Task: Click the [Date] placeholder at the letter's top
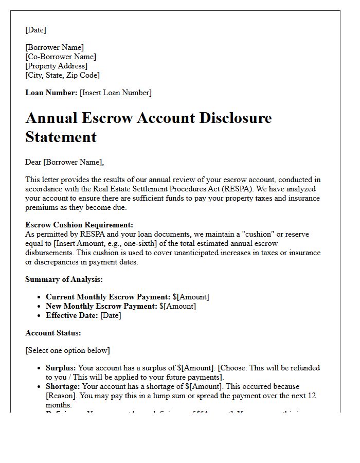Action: [x=35, y=30]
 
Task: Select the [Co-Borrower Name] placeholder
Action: [x=61, y=57]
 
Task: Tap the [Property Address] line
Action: [x=57, y=66]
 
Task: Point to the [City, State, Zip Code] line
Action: [x=62, y=75]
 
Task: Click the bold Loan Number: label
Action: [x=51, y=93]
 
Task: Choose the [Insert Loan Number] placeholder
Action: [x=116, y=93]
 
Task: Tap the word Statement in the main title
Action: [x=61, y=137]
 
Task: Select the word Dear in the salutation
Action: [x=33, y=162]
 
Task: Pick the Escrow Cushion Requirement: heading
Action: [x=79, y=225]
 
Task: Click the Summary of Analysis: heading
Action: [x=64, y=279]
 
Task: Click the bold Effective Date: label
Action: [x=72, y=315]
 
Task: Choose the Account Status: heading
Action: [x=53, y=333]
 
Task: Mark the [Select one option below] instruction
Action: [x=67, y=350]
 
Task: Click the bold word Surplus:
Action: [x=61, y=368]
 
